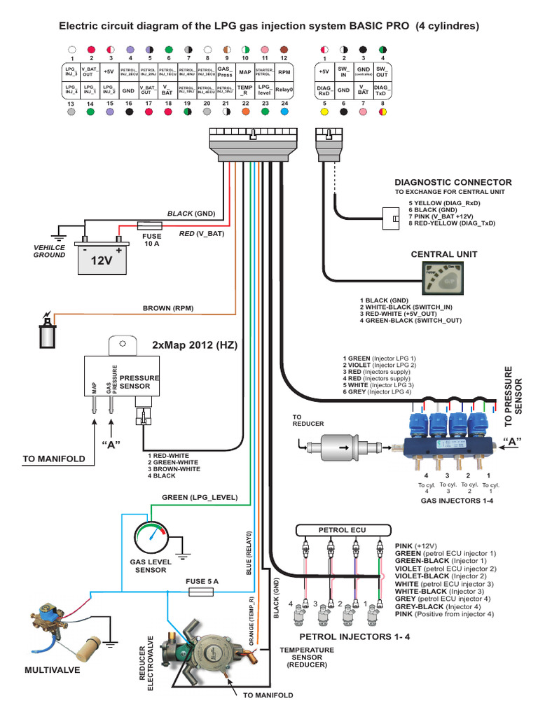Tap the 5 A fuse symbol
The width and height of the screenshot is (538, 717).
point(202,592)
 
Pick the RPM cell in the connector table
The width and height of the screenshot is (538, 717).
point(284,71)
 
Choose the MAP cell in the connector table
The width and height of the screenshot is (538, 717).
point(245,71)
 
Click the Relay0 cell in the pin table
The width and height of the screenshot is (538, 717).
point(284,90)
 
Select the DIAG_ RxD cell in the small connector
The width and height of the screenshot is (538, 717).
point(324,90)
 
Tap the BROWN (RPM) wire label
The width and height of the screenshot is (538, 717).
point(168,307)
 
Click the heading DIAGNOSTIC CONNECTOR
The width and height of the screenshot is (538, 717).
point(453,182)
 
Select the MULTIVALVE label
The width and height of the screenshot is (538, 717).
point(53,669)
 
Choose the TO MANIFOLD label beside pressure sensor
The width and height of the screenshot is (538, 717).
point(54,459)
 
